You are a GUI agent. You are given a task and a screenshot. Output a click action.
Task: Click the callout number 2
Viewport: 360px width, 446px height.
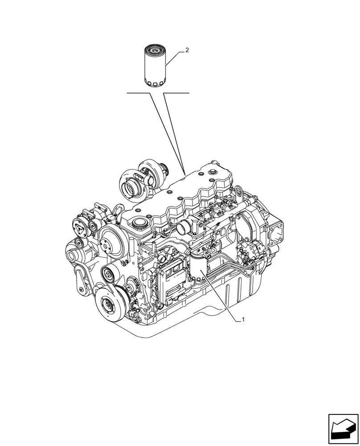187,50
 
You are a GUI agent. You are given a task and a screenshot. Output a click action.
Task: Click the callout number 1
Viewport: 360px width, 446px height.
243,319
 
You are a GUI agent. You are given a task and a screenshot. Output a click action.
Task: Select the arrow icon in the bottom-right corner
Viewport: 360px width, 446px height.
343,429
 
